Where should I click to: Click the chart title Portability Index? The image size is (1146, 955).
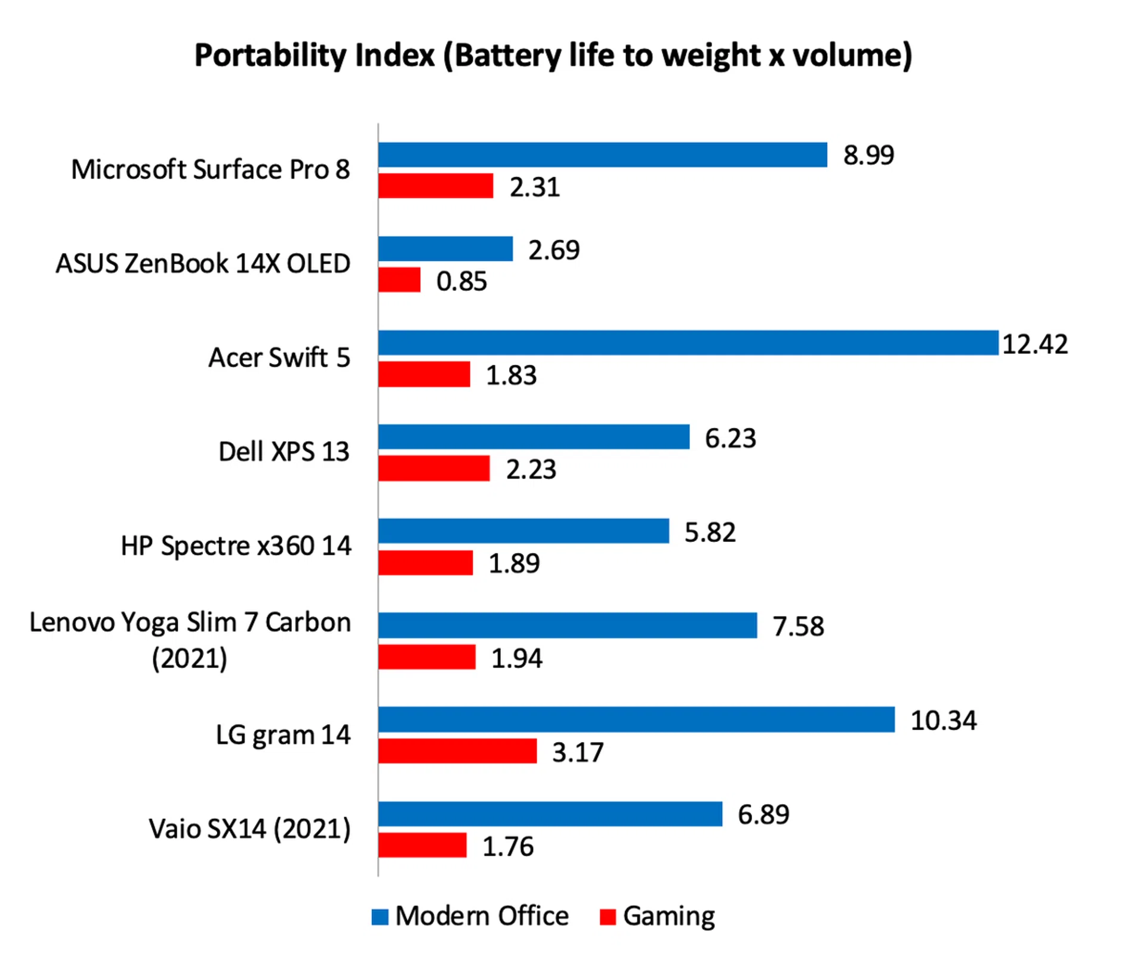tap(553, 56)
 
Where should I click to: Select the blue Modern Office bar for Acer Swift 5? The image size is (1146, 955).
tap(688, 343)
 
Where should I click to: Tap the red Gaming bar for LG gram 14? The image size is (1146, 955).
tap(457, 751)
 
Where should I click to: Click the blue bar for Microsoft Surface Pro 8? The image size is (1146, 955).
tap(602, 155)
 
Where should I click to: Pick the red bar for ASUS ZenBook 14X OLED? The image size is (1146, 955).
tap(399, 280)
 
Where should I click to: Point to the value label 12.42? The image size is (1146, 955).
tap(1034, 344)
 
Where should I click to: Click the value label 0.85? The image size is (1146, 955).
tap(461, 282)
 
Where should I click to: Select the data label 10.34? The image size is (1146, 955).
tap(943, 720)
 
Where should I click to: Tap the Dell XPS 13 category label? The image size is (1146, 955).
tap(284, 452)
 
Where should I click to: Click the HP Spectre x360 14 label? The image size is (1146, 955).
tap(236, 546)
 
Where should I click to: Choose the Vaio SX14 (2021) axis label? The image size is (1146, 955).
tap(249, 829)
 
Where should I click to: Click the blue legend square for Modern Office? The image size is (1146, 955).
tap(380, 917)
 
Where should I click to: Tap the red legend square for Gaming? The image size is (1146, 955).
tap(608, 917)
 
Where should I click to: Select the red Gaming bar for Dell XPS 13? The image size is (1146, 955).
tap(434, 469)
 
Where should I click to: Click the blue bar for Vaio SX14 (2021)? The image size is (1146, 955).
tap(550, 814)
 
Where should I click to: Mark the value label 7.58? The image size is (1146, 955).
tap(798, 627)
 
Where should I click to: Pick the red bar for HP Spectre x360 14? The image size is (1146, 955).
tap(426, 563)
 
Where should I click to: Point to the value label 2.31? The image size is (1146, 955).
tap(534, 187)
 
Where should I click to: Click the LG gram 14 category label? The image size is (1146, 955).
tap(283, 735)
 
